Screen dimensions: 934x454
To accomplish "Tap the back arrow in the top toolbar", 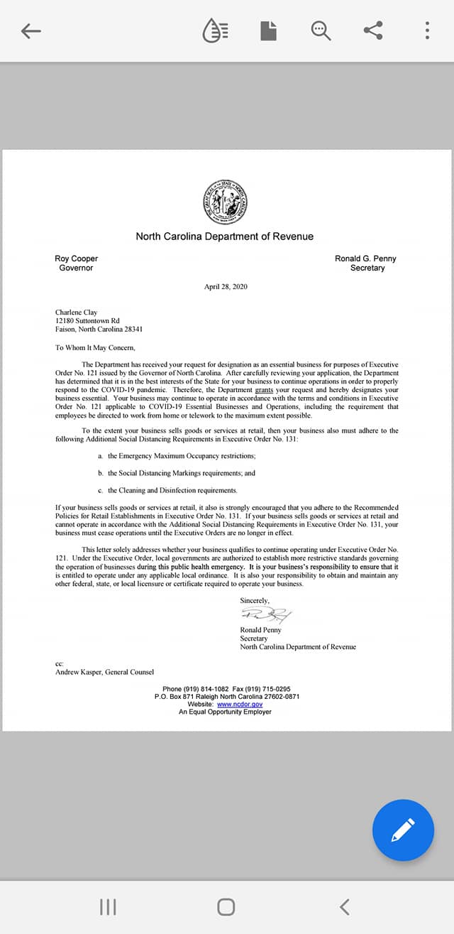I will pyautogui.click(x=31, y=31).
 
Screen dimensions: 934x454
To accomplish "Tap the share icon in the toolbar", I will pyautogui.click(x=373, y=31).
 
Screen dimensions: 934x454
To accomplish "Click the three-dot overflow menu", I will pyautogui.click(x=427, y=31).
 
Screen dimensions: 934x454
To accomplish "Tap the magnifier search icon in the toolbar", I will pyautogui.click(x=321, y=31).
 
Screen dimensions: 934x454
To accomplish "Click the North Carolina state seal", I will pyautogui.click(x=224, y=200).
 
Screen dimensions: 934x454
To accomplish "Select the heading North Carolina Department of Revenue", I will pyautogui.click(x=224, y=237).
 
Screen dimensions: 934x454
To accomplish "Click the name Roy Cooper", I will pyautogui.click(x=76, y=259).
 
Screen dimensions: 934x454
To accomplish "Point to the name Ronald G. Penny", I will pyautogui.click(x=365, y=259).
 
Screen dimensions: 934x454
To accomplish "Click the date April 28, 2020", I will pyautogui.click(x=226, y=287).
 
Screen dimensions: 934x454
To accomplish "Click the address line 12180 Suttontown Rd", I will pyautogui.click(x=87, y=321).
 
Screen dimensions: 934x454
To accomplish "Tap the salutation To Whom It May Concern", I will pyautogui.click(x=94, y=348).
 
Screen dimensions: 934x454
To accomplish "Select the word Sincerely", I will pyautogui.click(x=255, y=601).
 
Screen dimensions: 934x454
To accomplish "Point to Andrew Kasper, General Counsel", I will pyautogui.click(x=104, y=672).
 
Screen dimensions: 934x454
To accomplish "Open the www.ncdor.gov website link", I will pyautogui.click(x=240, y=704).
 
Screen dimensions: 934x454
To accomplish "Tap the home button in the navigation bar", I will pyautogui.click(x=226, y=907).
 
